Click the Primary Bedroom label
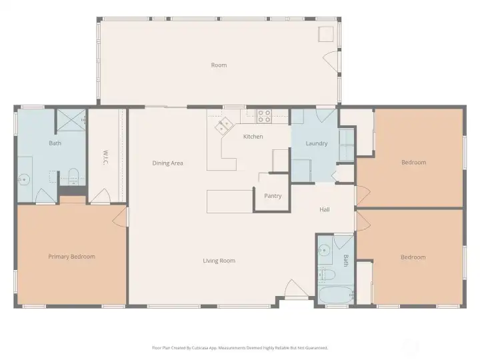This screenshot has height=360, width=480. click(71, 257)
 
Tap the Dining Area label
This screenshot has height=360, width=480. click(168, 163)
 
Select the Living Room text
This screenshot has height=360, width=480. click(219, 261)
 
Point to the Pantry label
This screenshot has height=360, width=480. click(273, 196)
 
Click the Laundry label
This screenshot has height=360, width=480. click(317, 143)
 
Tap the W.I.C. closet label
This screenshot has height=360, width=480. click(105, 157)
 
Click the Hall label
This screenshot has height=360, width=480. click(325, 209)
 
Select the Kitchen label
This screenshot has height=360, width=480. click(253, 137)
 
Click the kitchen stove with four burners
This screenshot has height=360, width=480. click(264, 116)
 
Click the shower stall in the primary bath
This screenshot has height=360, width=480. click(71, 120)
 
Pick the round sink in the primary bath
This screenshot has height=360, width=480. click(23, 180)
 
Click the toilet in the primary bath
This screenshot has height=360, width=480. click(73, 177)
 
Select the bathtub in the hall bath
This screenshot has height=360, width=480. click(337, 295)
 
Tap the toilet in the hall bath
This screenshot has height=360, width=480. click(326, 274)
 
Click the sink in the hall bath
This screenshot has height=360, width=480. click(324, 251)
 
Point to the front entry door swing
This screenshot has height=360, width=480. click(296, 288)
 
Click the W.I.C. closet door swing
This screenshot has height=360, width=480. click(100, 195)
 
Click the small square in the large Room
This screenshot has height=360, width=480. click(326, 34)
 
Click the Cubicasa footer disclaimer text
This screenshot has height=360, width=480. click(240, 348)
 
